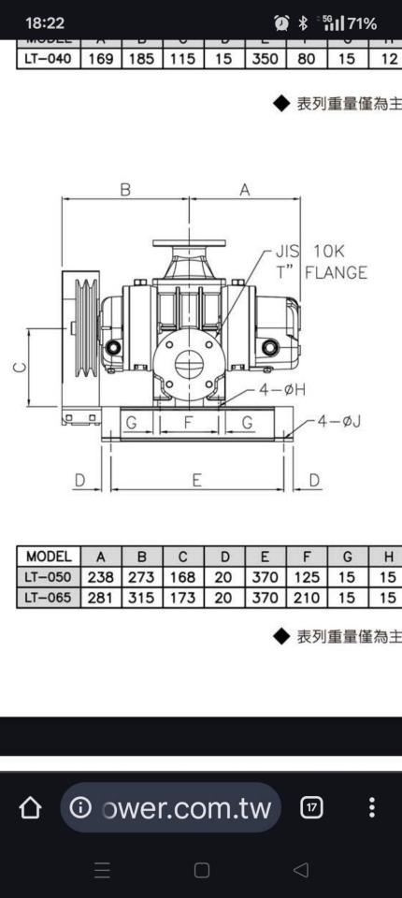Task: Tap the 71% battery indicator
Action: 360,22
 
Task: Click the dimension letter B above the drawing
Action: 125,189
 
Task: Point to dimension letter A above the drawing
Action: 245,189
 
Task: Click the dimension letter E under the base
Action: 197,480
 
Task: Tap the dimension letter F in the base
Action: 189,423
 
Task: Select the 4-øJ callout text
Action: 338,421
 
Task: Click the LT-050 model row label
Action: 50,577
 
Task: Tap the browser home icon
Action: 30,807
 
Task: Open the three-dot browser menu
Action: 372,807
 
